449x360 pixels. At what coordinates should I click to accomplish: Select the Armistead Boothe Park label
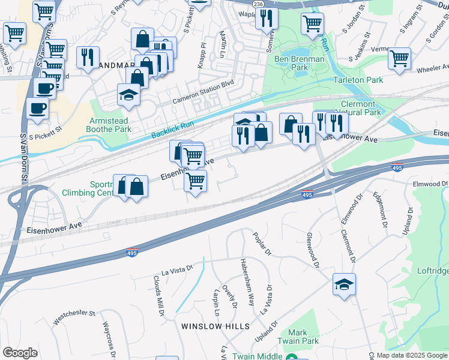110,125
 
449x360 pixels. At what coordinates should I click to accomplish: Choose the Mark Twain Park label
298,337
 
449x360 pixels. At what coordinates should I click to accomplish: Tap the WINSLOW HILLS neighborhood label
215,326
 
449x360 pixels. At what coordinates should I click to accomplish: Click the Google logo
20,352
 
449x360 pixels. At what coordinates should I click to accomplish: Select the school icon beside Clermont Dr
345,284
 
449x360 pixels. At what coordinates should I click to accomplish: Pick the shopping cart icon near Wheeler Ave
399,59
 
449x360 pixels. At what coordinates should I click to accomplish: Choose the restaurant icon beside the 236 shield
267,18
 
